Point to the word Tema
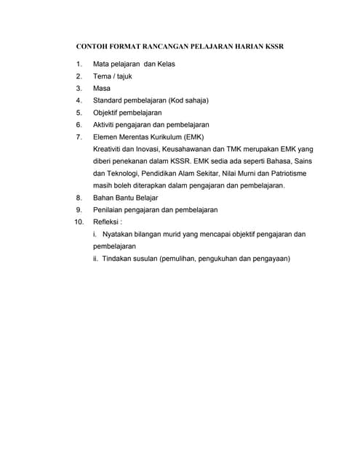pos(103,76)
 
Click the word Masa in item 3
pos(102,89)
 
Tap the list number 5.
pos(79,113)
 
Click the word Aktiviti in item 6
pos(105,125)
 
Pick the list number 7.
pos(79,137)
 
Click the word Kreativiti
pos(110,149)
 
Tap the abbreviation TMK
pos(244,149)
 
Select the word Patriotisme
pos(284,173)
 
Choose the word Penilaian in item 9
pos(110,209)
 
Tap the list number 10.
pos(79,222)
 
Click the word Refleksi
pos(107,222)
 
